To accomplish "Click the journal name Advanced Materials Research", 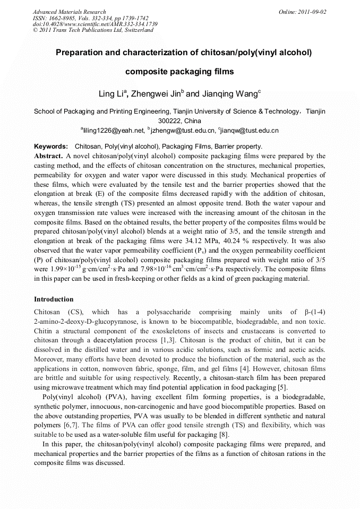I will point(69,12).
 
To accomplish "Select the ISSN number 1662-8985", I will point(68,18).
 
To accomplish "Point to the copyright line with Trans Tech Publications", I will point(93,30).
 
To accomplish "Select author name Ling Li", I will point(111,94).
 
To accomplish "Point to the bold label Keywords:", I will point(51,146).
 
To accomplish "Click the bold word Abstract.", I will point(48,156).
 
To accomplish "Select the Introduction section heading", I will point(54,299).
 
